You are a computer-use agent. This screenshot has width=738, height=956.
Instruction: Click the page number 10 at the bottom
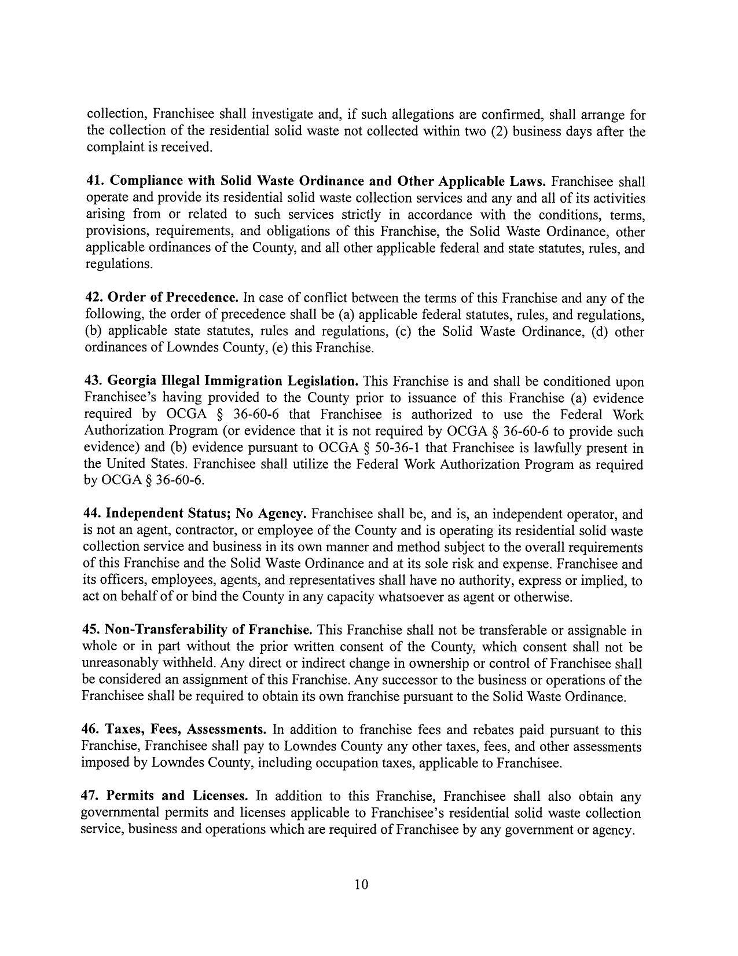[x=361, y=884]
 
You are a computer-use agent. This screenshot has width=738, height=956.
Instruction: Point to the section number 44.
[x=93, y=514]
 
